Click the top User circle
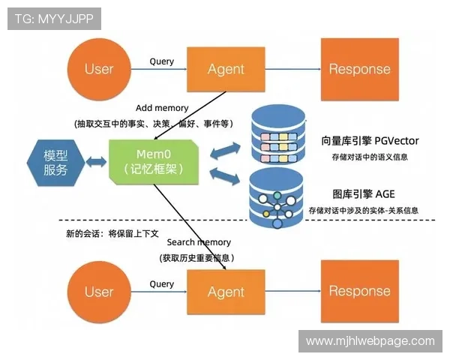98,69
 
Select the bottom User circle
98,292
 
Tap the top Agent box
226,69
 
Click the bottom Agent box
226,292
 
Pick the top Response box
359,69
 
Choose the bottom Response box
359,291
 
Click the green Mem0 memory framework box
154,161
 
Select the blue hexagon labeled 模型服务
55,162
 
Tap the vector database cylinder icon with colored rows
277,136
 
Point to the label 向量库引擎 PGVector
370,140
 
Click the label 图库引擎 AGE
362,193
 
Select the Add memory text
162,108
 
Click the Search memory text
199,242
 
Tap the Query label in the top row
161,61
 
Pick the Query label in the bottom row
161,284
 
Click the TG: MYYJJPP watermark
54,19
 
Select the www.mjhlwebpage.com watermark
370,341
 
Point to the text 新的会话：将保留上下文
112,233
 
